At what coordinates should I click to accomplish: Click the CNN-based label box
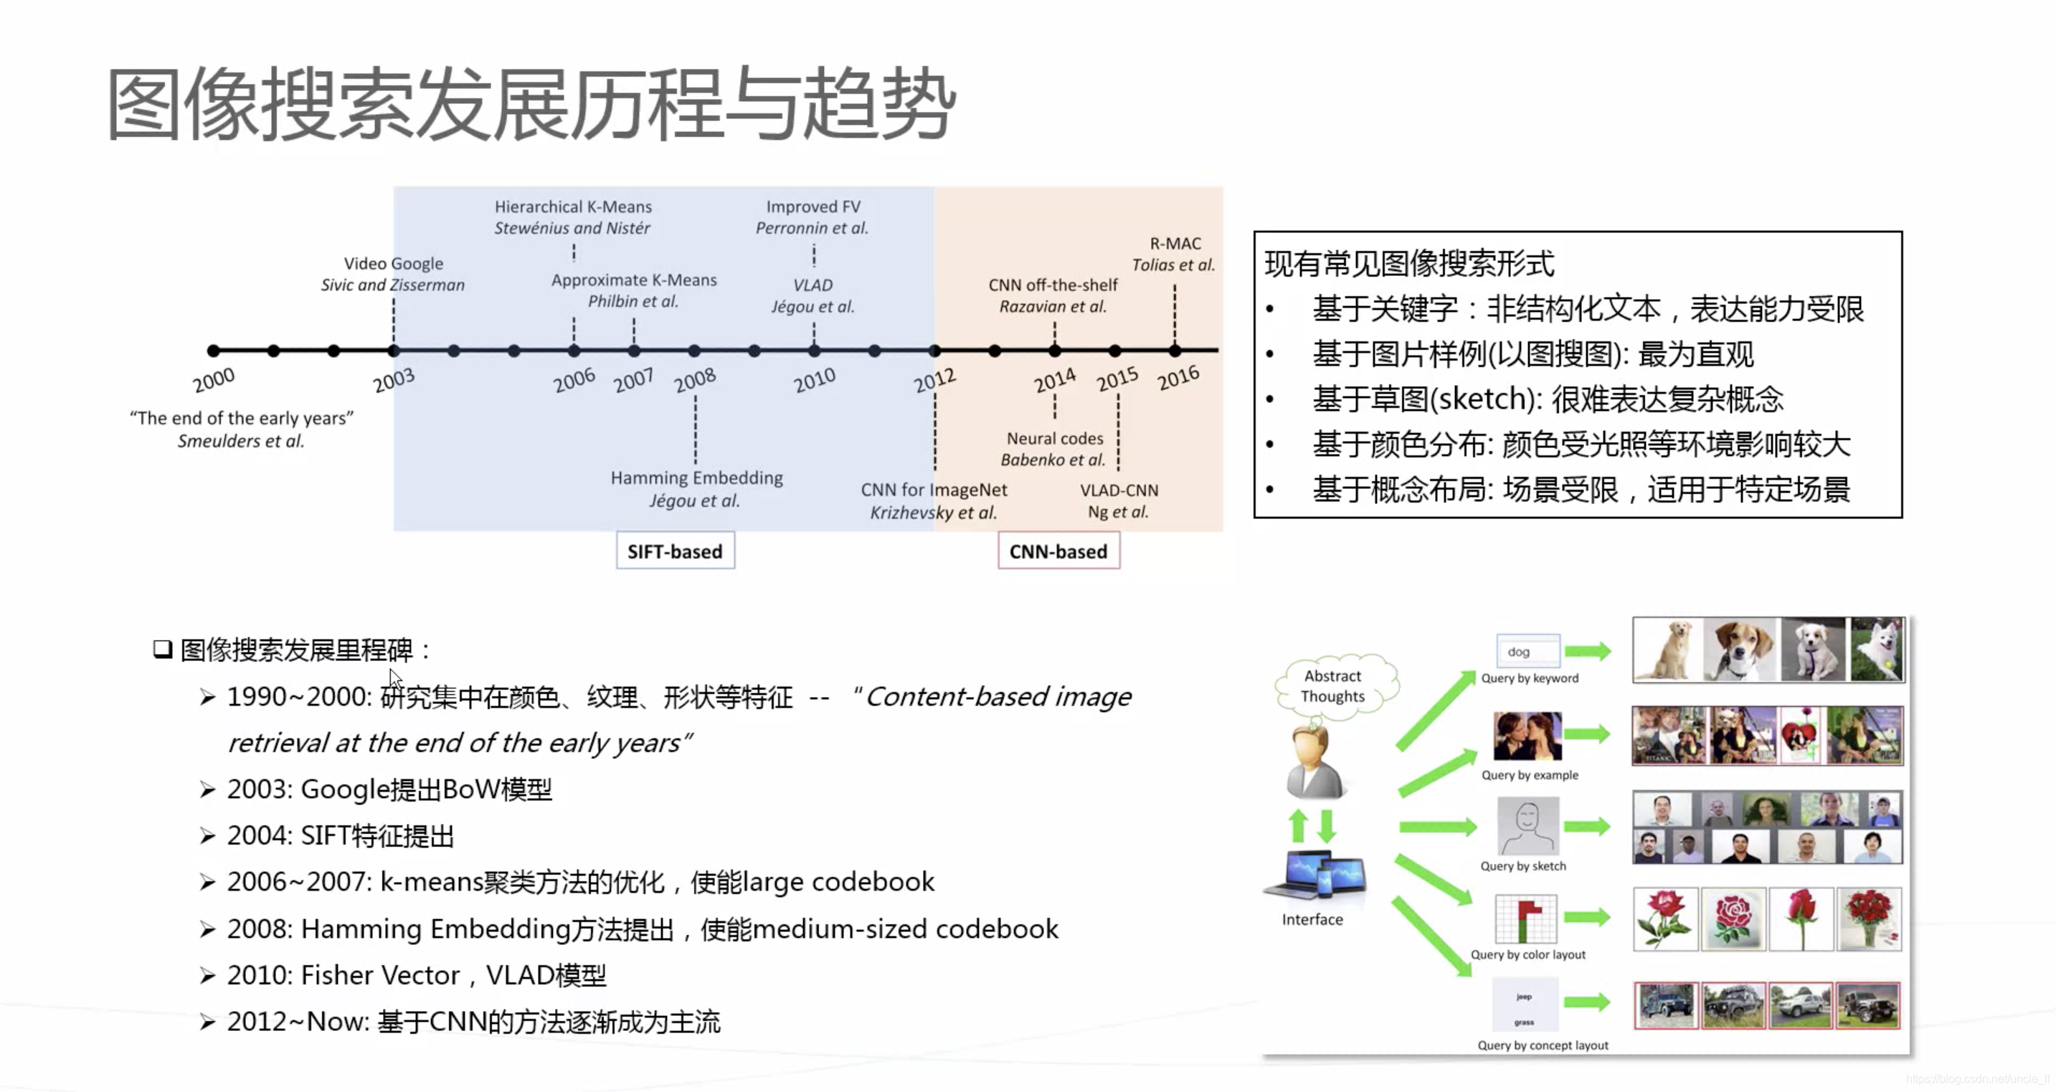point(1058,551)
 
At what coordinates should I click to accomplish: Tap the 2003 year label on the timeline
point(394,380)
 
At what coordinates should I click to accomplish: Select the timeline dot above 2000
point(213,351)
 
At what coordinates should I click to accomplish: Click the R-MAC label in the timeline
point(1175,244)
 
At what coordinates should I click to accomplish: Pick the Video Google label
point(394,263)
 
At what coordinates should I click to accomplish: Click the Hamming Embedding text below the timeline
point(696,478)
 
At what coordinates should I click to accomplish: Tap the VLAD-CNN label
point(1118,490)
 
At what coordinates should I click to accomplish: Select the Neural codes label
point(1054,438)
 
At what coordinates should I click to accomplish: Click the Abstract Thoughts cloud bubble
point(1333,685)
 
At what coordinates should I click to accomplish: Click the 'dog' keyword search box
point(1527,651)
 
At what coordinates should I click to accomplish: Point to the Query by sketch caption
point(1523,866)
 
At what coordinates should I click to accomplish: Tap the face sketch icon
point(1527,827)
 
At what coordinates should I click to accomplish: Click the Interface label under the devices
point(1312,920)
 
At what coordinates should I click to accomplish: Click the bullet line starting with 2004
point(341,836)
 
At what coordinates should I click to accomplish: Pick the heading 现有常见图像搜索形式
point(1409,263)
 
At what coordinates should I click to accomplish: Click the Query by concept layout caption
point(1542,1045)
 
